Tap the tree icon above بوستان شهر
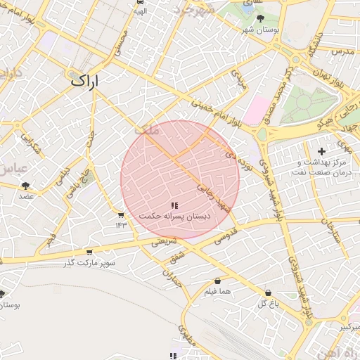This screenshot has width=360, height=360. pos(261,18)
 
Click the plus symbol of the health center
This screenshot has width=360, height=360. pos(322,150)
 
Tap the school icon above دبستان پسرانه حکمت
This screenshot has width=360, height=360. pos(174,205)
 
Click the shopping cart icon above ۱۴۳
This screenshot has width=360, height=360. pos(121,215)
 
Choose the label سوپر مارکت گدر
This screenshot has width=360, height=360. pos(89,262)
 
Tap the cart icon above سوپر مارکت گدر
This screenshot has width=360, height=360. pos(89,252)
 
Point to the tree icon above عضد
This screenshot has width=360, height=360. pos(26,186)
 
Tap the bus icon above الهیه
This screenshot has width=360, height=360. pos(140,2)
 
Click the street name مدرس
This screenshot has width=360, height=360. pos(341,52)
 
